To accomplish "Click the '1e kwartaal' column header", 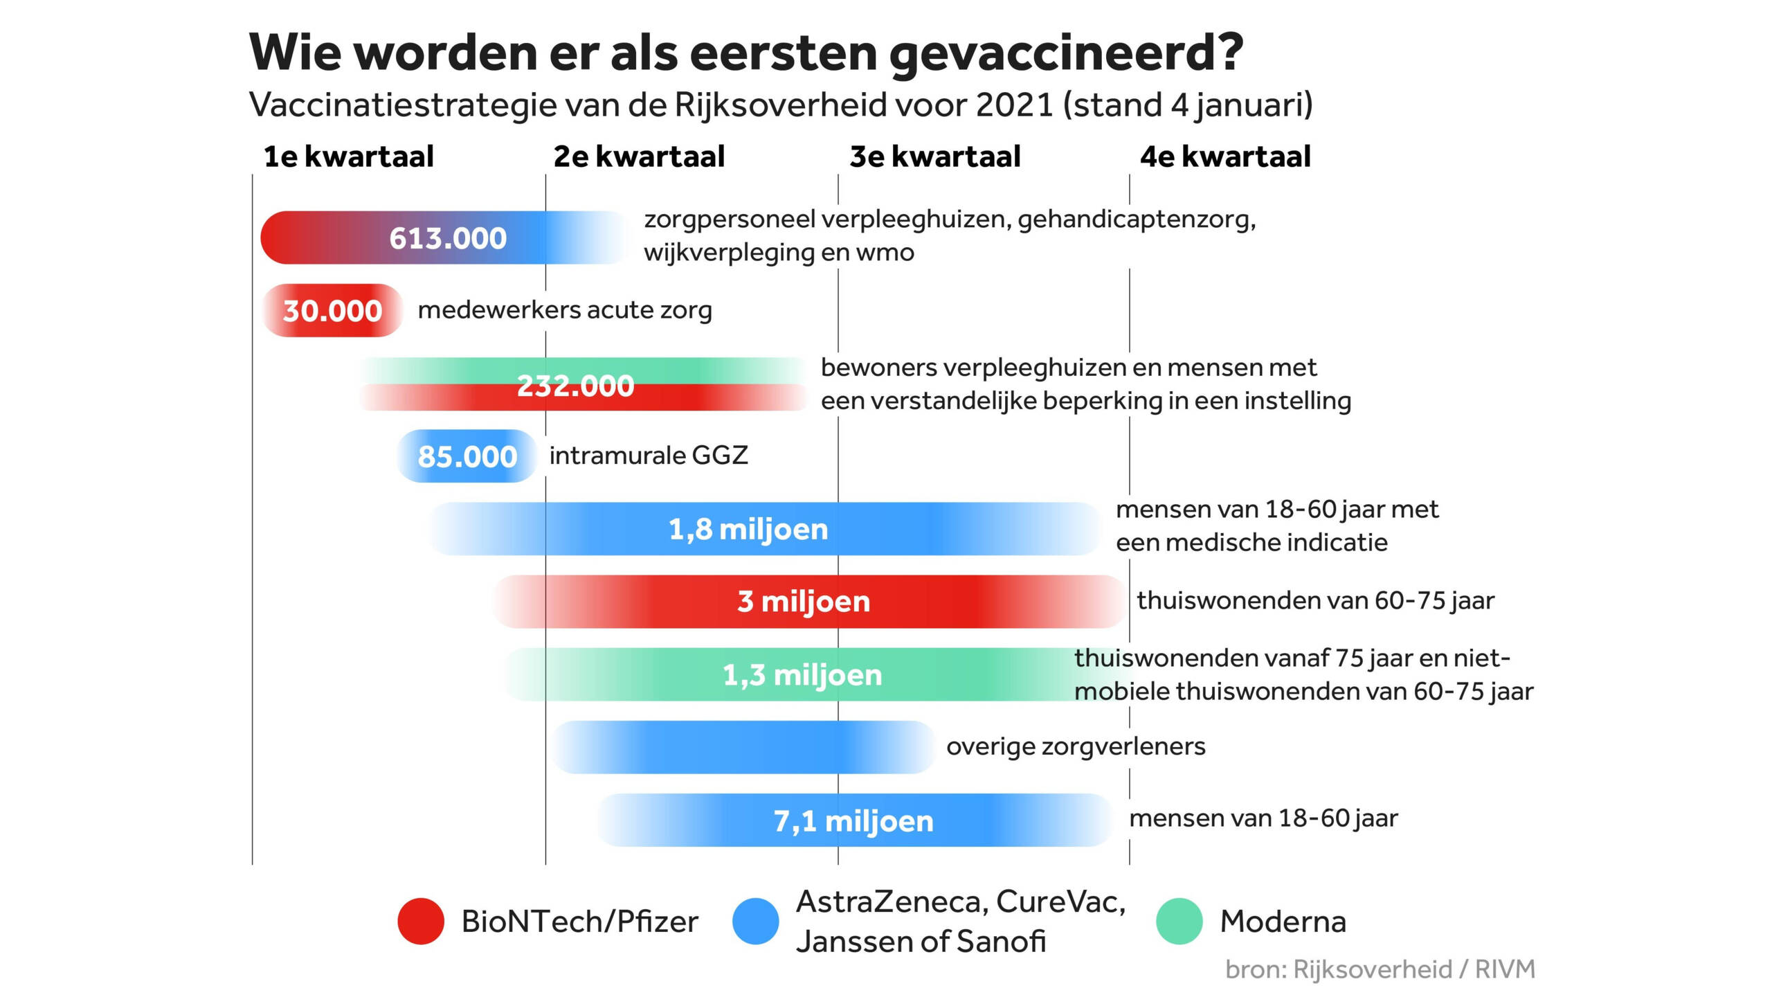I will click(x=348, y=157).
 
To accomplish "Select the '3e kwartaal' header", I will click(x=935, y=157).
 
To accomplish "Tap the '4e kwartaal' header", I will click(x=1225, y=157).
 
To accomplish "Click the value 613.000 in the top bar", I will click(x=448, y=238).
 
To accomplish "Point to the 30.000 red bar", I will click(x=332, y=311).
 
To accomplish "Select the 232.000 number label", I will click(x=575, y=386).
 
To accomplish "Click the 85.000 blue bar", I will click(x=467, y=456).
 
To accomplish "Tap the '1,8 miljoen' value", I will click(x=748, y=530).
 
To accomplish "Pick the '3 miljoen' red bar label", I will click(x=804, y=602).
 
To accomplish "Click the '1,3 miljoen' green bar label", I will click(x=802, y=675).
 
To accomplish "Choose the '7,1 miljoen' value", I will click(x=853, y=821).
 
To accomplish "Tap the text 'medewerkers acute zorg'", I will click(x=565, y=310).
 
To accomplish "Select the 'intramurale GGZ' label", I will click(x=649, y=456).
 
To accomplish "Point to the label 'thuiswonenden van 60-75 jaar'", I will click(x=1315, y=600).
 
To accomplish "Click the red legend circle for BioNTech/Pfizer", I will click(x=421, y=922).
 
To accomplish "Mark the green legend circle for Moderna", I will click(x=1179, y=922).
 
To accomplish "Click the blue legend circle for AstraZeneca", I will click(x=756, y=922).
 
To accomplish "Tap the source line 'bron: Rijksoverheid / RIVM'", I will click(x=1380, y=969).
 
